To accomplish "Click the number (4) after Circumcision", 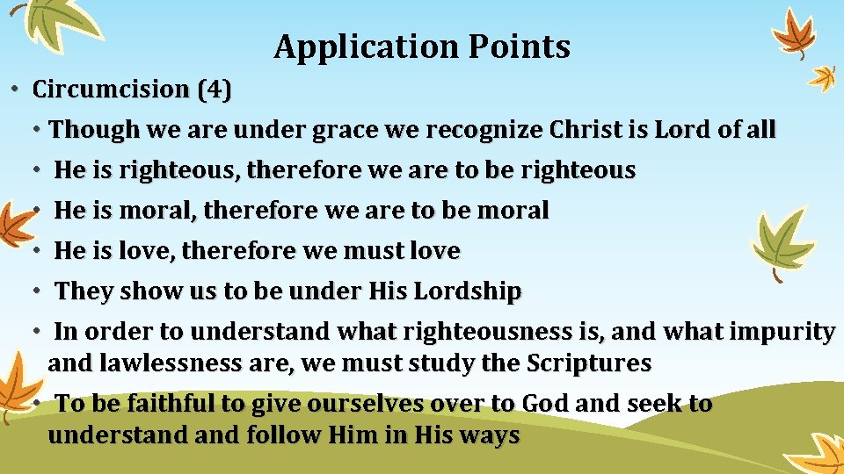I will (x=215, y=90).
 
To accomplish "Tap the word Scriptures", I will (x=589, y=363).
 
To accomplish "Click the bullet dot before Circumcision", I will (x=17, y=90).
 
